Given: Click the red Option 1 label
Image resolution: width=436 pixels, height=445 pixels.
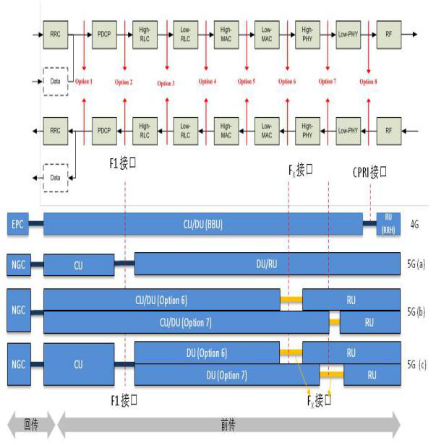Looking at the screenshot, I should (x=84, y=82).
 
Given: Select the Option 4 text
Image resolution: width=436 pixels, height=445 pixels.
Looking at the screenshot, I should (x=208, y=82).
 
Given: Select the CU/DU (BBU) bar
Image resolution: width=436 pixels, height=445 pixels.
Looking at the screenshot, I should (x=202, y=224).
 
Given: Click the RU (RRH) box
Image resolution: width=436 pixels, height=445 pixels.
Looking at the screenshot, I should (x=388, y=224).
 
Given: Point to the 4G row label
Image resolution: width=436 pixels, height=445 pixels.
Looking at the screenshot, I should (x=416, y=225).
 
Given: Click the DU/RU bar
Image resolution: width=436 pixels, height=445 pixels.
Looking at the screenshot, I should (x=268, y=264).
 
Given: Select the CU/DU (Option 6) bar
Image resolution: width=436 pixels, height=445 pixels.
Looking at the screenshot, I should (x=161, y=299).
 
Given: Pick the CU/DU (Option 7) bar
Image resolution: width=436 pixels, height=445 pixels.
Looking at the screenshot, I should (x=186, y=321).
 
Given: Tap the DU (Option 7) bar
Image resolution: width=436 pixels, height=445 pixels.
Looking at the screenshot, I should (x=228, y=375).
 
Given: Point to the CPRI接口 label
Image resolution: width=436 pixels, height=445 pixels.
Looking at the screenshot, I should (x=370, y=173).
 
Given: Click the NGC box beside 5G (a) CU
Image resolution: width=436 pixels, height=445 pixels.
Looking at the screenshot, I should (x=18, y=264).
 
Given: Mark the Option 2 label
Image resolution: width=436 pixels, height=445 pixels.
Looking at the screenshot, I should (x=124, y=82).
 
